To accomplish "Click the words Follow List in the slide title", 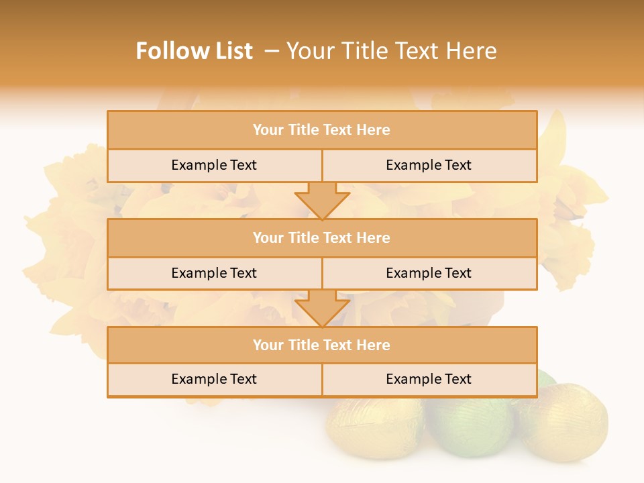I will click(x=194, y=51).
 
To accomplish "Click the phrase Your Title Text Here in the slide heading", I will click(x=391, y=51).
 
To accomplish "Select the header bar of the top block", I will click(x=321, y=130).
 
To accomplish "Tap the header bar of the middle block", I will click(x=321, y=237).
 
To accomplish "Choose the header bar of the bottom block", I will click(x=321, y=345).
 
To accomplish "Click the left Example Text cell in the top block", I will click(x=214, y=165).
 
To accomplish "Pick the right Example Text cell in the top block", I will click(x=429, y=165).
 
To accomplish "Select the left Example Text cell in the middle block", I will click(x=214, y=273).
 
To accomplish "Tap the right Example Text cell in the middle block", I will click(x=429, y=273).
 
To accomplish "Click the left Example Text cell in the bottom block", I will click(x=214, y=379).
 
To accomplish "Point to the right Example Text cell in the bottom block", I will click(x=429, y=379).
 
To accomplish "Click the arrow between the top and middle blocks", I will click(x=322, y=201).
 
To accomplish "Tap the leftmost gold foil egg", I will click(x=372, y=429).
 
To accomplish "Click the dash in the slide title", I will click(x=272, y=51).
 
